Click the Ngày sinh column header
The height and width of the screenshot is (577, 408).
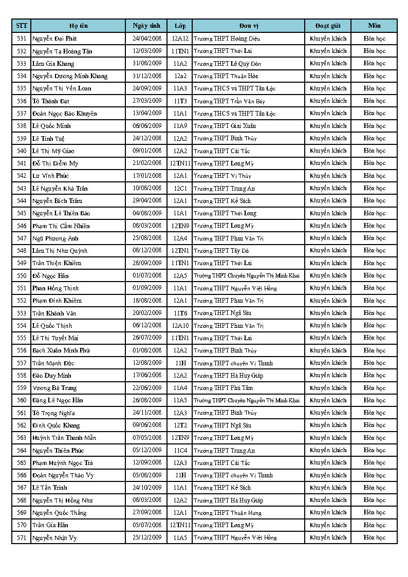point(146,26)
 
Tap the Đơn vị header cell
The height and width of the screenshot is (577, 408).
point(248,26)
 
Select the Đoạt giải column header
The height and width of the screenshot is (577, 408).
point(328,26)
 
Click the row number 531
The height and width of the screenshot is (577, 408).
point(22,39)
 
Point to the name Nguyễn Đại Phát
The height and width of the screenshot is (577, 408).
point(52,39)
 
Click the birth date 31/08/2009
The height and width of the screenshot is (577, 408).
point(147,63)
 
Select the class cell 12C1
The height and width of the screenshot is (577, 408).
point(180,188)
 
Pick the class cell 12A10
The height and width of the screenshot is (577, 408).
point(180,326)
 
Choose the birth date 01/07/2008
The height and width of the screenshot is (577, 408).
point(147,275)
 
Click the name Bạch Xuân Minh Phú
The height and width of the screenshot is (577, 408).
point(61,350)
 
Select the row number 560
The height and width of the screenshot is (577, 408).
point(22,400)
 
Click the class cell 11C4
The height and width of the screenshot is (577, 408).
point(180,450)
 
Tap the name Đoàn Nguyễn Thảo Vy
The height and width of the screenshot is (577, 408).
point(63,475)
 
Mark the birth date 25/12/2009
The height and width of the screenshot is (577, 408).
point(147,537)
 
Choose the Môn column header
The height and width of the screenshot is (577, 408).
point(374,26)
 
